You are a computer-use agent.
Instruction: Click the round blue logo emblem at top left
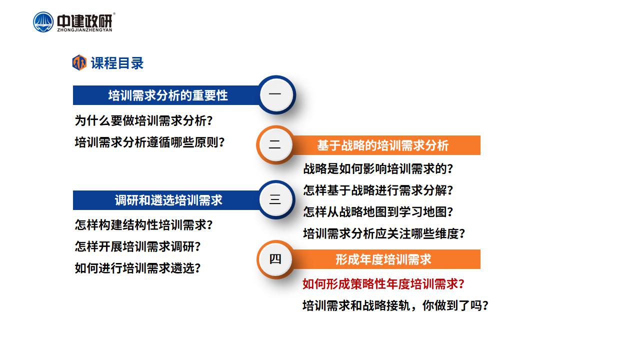coord(43,22)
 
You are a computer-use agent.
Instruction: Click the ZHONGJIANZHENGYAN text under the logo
coord(84,30)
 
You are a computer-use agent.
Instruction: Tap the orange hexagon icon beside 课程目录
coord(79,62)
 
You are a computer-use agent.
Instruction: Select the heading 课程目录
coord(117,63)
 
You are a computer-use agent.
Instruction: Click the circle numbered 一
coord(276,95)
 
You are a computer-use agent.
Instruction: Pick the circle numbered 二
coord(275,145)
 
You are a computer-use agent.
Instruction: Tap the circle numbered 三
coord(276,199)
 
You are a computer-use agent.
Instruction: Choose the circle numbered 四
coord(275,259)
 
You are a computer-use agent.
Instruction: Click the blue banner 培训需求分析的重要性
coord(166,95)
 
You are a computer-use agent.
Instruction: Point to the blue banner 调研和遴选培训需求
coord(166,200)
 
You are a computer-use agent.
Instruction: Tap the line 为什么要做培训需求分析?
coord(143,120)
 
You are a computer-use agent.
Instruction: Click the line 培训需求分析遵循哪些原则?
coord(149,142)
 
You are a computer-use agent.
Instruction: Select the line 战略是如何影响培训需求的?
coord(378,168)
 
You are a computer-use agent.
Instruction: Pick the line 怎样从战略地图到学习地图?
coord(378,212)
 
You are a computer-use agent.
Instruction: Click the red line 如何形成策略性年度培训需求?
coord(383,284)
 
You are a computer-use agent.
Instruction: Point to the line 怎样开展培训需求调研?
coord(137,246)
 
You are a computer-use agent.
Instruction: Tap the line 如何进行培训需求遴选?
coord(137,268)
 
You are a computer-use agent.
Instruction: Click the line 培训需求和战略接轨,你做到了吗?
coord(395,305)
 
